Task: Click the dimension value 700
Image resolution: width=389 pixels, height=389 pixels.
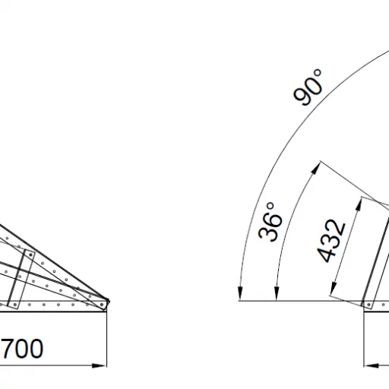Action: [x=22, y=349]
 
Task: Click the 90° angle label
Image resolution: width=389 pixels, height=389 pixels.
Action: [x=308, y=87]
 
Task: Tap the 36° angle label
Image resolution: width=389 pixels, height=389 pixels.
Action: [x=270, y=222]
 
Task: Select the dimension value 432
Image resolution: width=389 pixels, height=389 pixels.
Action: [x=331, y=241]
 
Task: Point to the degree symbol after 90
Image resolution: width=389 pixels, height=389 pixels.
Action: [x=318, y=73]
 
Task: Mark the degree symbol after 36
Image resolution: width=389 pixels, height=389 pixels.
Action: [x=270, y=206]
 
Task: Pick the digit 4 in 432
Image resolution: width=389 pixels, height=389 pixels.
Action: [x=325, y=254]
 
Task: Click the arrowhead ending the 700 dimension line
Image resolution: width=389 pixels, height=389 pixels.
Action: [x=99, y=365]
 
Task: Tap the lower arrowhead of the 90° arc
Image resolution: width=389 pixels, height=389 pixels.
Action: [x=240, y=293]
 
